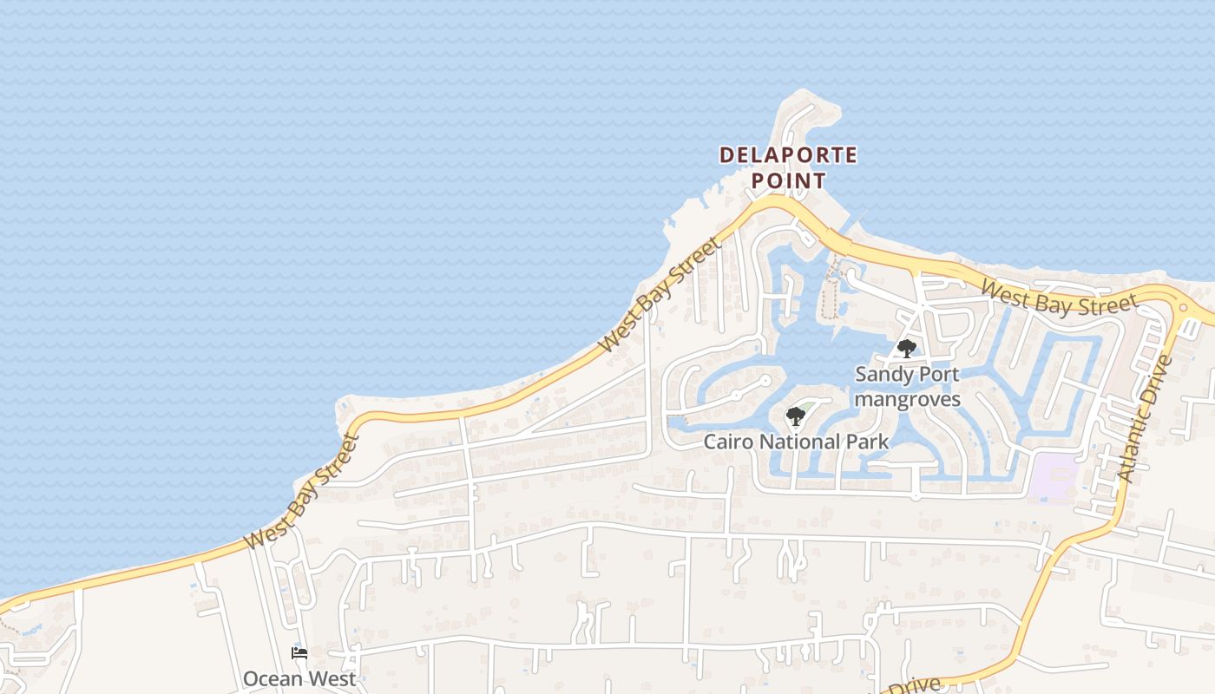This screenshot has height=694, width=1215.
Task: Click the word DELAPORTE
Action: (x=788, y=155)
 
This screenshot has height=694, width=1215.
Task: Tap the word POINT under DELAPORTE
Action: (x=788, y=180)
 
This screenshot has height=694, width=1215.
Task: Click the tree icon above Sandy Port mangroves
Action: (x=907, y=349)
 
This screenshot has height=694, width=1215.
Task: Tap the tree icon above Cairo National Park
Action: (x=795, y=416)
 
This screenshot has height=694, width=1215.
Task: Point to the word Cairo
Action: (x=729, y=442)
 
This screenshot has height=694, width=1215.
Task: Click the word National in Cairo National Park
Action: (x=805, y=442)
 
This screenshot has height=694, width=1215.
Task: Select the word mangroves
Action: (x=908, y=399)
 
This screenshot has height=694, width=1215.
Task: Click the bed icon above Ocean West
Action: (x=299, y=653)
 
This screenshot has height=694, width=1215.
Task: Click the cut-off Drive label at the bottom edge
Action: (x=914, y=685)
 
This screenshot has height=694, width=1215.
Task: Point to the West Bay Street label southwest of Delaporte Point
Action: (x=660, y=296)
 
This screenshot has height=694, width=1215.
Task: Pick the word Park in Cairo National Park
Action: (x=869, y=442)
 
